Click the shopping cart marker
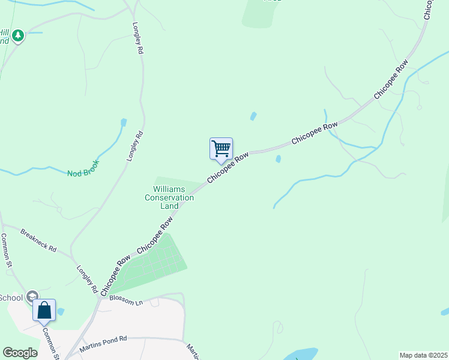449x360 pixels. pos(221,149)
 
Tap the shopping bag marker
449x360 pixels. pos(44,311)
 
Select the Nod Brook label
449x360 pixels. pos(83,172)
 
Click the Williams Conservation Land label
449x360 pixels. pos(170,197)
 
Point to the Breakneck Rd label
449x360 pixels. pos(38,240)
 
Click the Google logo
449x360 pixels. pos(20,353)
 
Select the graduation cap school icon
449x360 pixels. pos(32,296)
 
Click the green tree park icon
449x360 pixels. pos(18,36)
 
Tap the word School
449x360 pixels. pos(11,298)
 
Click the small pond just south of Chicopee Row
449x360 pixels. pos(278,159)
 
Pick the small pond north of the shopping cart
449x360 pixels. pos(253,116)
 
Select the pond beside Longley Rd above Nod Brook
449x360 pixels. pos(123,123)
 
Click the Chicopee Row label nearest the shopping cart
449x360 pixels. pos(228,168)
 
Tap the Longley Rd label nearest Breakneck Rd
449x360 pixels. pos(87,279)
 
